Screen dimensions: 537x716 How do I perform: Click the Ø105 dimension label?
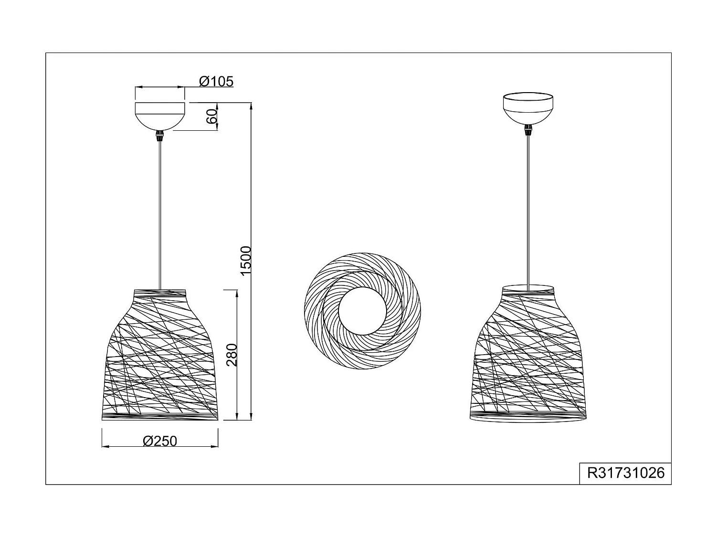coord(216,82)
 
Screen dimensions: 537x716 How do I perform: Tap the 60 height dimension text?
coord(211,116)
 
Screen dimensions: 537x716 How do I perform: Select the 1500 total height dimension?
coord(245,261)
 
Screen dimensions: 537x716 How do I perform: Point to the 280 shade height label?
coord(232,355)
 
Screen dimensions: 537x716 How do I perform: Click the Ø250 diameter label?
coord(160,441)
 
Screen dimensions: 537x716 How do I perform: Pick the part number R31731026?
coord(625,473)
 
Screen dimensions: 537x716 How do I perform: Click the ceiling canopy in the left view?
coord(160,115)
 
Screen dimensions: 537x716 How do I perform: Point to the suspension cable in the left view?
coord(160,215)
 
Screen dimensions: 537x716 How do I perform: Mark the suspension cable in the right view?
coord(528,215)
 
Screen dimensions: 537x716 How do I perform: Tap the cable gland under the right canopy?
coord(528,129)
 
